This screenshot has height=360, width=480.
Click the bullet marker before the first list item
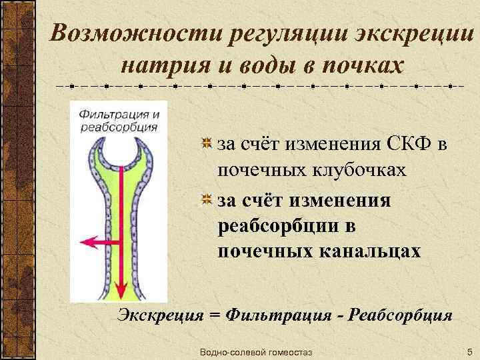coord(207,143)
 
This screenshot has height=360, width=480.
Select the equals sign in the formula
coord(215,315)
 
